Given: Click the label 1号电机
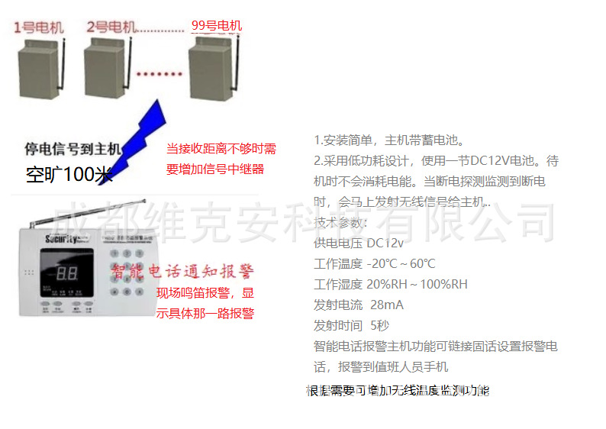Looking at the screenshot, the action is pyautogui.click(x=39, y=28).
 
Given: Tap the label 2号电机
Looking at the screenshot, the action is pyautogui.click(x=111, y=28).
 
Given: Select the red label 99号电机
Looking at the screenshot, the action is pyautogui.click(x=217, y=26).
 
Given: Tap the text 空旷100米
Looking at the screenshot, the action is pyautogui.click(x=69, y=175).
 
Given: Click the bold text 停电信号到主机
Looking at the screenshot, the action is pyautogui.click(x=73, y=148).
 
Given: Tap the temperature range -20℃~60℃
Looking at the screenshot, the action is pyautogui.click(x=401, y=263).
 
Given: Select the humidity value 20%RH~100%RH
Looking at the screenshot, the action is pyautogui.click(x=417, y=284).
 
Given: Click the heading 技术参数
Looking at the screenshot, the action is pyautogui.click(x=340, y=222).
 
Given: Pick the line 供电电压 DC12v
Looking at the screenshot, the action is pyautogui.click(x=359, y=243).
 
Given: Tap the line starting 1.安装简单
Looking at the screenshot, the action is pyautogui.click(x=388, y=140).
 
